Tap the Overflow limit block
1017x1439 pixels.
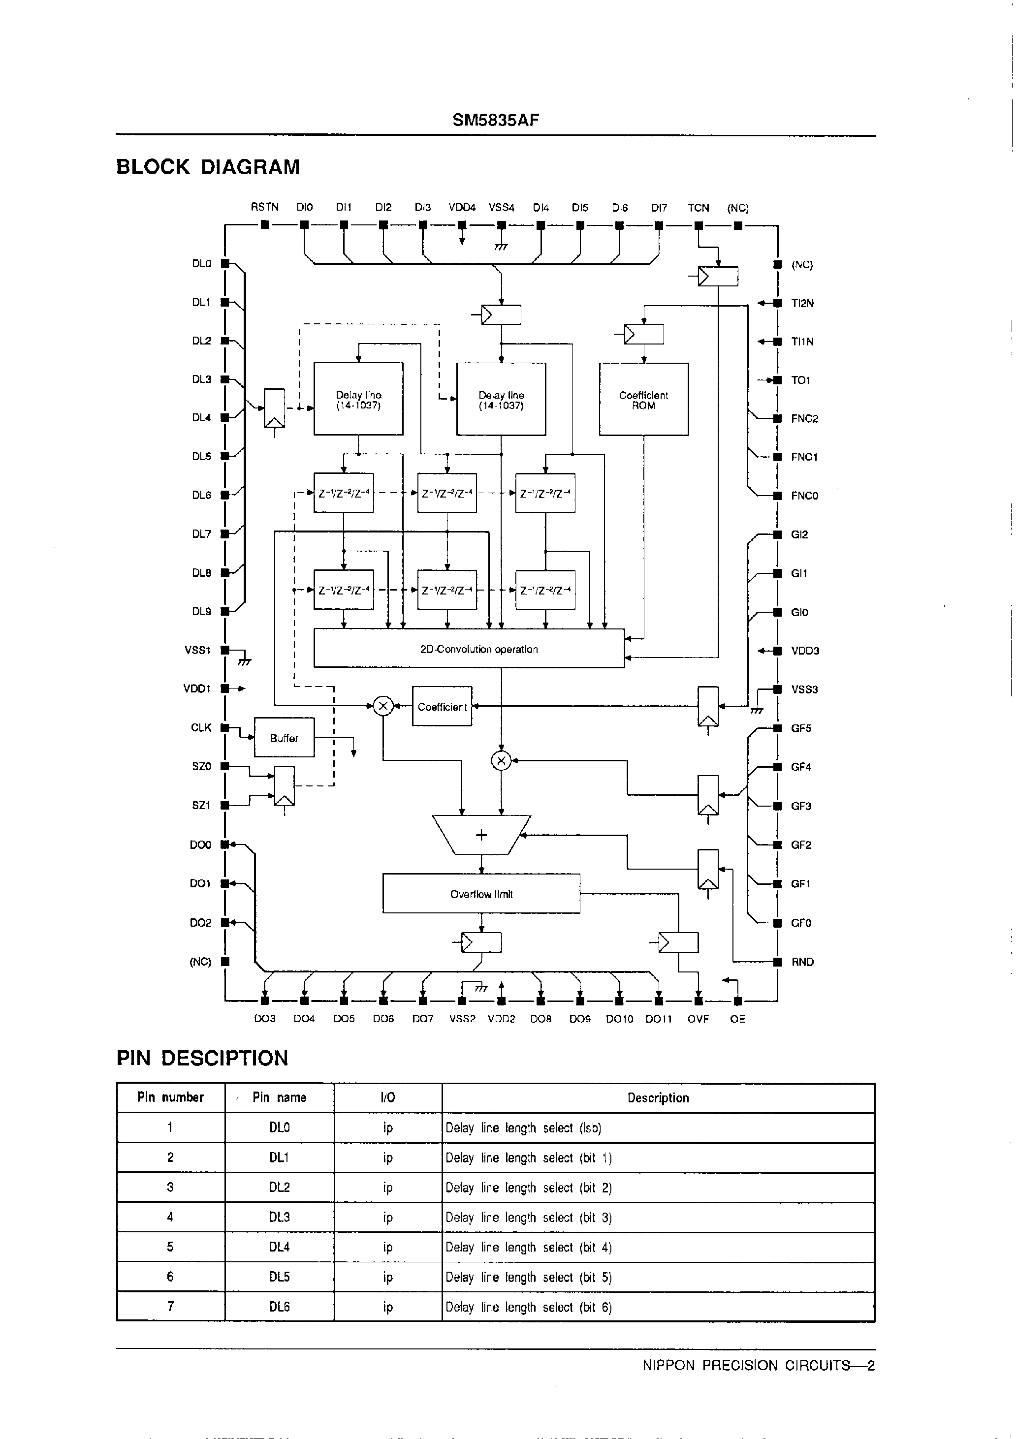(481, 894)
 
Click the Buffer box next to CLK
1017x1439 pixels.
(284, 738)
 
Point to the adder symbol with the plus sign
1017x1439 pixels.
(481, 835)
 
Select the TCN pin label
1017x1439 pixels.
(698, 208)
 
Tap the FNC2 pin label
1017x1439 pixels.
(804, 419)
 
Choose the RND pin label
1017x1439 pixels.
(802, 962)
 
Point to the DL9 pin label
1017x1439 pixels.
(201, 611)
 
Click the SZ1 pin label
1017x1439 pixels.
(201, 805)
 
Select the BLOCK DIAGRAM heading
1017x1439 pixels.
(208, 167)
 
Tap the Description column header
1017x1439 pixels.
(658, 1097)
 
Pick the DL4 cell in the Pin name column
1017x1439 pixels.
(279, 1247)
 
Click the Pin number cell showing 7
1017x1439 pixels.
(170, 1306)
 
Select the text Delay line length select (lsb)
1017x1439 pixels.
(523, 1127)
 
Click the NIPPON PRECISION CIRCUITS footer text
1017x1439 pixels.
(758, 1365)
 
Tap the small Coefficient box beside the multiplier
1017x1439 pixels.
(442, 707)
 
